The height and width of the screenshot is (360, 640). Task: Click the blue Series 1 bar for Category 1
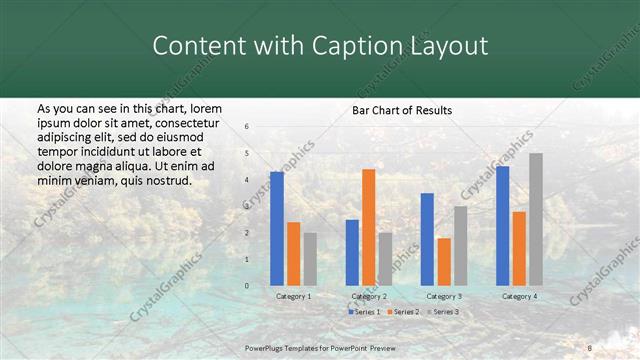coord(277,229)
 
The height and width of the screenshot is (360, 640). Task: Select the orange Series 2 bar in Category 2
coord(369,227)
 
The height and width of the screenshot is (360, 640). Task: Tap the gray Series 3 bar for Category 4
coord(536,219)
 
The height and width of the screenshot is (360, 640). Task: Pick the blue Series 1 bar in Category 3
coord(427,239)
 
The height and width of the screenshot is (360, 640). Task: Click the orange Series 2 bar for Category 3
coord(444,262)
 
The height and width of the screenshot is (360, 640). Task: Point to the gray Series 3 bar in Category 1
coord(310,259)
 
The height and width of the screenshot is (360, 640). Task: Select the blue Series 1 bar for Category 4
coord(502,226)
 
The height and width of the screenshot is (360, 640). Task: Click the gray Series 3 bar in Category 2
coord(386,259)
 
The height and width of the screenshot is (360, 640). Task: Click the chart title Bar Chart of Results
coord(402,110)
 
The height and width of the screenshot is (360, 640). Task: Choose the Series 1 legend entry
coord(363,312)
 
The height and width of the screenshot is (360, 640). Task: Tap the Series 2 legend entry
coord(401,312)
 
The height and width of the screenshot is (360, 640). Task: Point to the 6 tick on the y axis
coord(247,127)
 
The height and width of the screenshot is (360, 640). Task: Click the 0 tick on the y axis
coord(247,286)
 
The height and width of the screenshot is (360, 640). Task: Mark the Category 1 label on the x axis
coord(293,296)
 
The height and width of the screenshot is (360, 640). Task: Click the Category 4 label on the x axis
coord(518,296)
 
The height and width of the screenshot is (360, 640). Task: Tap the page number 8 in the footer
coord(589,347)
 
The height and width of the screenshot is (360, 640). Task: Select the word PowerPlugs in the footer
coord(266,347)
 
